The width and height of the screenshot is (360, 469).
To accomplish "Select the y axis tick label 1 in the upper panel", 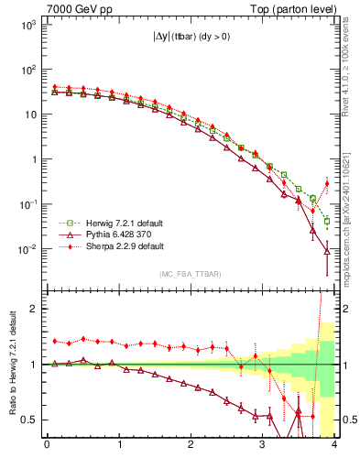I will [31, 159].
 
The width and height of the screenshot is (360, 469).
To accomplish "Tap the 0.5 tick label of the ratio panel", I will [27, 420].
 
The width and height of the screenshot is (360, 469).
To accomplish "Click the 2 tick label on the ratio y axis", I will [31, 309].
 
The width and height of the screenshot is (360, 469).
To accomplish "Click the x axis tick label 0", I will [47, 446].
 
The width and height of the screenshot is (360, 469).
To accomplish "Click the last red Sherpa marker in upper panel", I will [327, 184].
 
